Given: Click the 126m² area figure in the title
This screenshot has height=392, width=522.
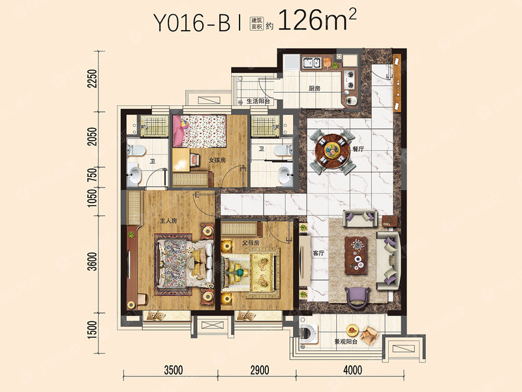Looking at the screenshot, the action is (x=317, y=20).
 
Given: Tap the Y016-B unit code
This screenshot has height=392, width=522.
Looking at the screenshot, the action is (x=192, y=24).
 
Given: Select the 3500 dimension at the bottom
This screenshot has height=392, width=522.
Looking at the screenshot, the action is (x=174, y=370).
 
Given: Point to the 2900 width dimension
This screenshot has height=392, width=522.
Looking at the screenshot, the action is (x=259, y=370).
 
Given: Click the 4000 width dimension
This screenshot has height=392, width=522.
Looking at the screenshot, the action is (x=352, y=370).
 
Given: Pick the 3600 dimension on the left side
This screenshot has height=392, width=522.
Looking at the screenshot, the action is (x=93, y=262).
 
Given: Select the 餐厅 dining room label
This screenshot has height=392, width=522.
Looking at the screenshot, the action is (x=358, y=149).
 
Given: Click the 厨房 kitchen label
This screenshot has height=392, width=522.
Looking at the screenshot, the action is (x=315, y=88).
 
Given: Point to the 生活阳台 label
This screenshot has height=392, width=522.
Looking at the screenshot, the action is (x=258, y=101).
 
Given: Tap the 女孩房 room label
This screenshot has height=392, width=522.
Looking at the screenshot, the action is (x=217, y=160).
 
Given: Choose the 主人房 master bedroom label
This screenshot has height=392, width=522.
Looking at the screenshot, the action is (x=168, y=221).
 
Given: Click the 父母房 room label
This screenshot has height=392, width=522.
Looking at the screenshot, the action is (x=251, y=243).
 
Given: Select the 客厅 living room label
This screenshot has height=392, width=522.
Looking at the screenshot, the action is (x=318, y=253).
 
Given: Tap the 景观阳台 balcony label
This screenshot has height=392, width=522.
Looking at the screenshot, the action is (x=346, y=342).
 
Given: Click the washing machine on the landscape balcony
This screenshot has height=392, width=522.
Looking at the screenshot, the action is (x=309, y=334).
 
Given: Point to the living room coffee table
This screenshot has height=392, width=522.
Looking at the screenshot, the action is (x=356, y=255).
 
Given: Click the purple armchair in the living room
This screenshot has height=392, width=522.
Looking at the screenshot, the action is (x=357, y=297).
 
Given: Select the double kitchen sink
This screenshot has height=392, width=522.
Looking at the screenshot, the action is (x=311, y=62).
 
